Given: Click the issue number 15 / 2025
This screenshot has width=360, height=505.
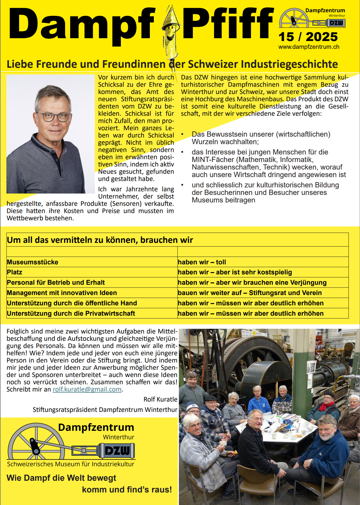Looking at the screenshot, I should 308,37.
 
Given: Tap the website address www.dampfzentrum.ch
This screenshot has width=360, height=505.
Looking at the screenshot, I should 309,47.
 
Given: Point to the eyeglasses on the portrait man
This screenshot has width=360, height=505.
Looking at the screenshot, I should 53,117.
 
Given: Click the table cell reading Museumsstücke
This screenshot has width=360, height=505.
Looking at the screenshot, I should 33,262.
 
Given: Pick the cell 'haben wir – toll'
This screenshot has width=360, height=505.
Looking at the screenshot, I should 202,262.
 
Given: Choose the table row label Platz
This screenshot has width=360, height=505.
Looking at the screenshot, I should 14,272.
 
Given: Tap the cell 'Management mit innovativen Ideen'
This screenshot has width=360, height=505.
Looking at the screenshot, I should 62,293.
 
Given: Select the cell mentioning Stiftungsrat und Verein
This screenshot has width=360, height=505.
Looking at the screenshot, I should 285,293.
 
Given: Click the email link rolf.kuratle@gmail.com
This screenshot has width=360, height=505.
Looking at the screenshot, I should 87,389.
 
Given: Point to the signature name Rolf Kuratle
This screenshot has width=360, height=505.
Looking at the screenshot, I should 160,399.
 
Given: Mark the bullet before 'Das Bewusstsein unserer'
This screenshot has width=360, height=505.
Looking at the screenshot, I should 183,134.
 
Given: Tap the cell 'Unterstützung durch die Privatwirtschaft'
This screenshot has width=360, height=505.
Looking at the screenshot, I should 71,313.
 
